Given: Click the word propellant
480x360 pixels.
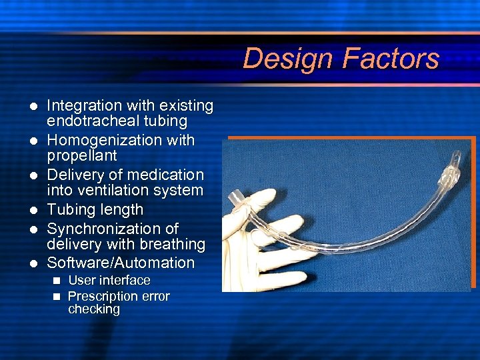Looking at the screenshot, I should pyautogui.click(x=81, y=156).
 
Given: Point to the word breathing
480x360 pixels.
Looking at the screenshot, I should pyautogui.click(x=169, y=245).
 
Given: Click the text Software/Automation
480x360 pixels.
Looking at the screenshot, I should pyautogui.click(x=121, y=263).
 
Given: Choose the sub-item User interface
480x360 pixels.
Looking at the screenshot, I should pyautogui.click(x=109, y=281).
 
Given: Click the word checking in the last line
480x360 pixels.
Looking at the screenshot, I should pyautogui.click(x=94, y=309).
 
